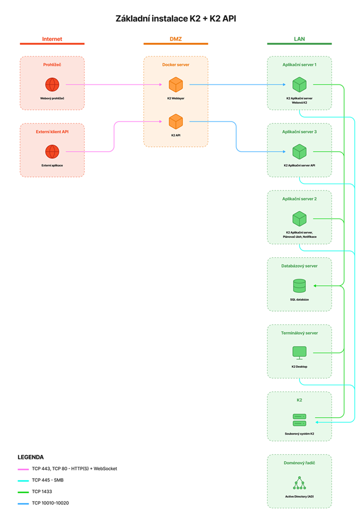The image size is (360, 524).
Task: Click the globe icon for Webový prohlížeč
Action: (52, 84)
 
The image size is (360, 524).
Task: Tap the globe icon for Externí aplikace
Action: (52, 152)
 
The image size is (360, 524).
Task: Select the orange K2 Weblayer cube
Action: (176, 84)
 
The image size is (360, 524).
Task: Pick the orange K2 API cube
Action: (176, 121)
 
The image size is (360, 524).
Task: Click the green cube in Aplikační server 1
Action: (300, 84)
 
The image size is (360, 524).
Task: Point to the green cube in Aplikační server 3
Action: (300, 152)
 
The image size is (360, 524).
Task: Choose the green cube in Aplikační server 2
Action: (300, 219)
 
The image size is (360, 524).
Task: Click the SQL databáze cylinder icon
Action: (300, 286)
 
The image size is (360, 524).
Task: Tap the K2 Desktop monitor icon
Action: (300, 353)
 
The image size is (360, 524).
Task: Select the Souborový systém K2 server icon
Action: (300, 420)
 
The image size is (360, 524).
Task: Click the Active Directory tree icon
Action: (300, 483)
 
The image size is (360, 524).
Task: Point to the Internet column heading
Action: (52, 39)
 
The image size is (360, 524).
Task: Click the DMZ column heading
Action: (176, 39)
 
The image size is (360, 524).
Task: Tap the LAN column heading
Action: (300, 39)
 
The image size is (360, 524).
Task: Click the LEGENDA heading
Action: (31, 457)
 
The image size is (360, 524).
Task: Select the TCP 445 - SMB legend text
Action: (48, 480)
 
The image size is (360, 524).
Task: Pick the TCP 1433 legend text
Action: (42, 492)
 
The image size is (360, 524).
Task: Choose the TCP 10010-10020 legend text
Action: (50, 503)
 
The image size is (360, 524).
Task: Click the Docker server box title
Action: (176, 65)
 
